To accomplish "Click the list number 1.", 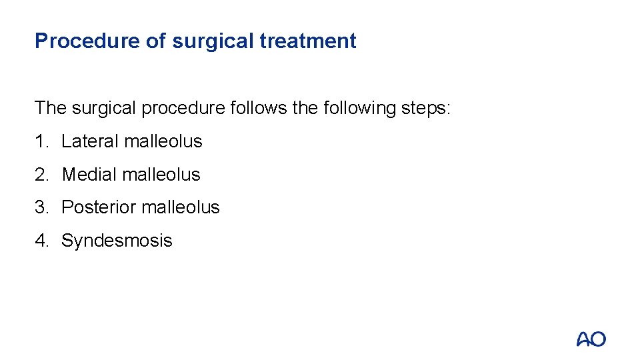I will click(41, 141).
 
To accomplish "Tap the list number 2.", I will click(41, 175).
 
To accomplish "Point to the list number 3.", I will click(41, 207).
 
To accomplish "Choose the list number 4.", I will click(41, 241).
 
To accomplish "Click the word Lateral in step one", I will click(90, 141).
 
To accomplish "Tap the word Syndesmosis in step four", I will click(117, 241).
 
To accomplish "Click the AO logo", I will click(591, 339).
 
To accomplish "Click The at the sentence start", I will click(51, 108).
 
